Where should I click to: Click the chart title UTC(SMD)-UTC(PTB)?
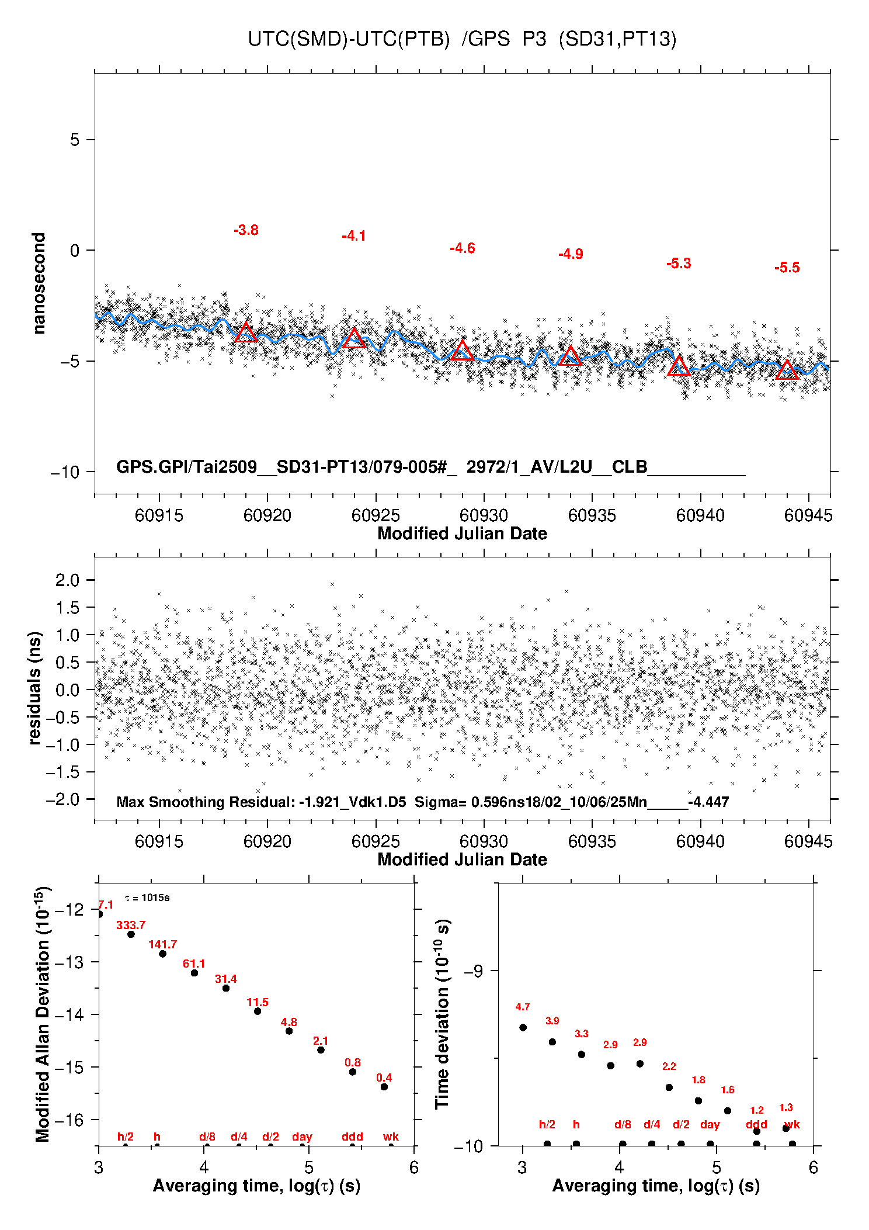[x=349, y=39]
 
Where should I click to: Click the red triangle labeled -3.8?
[x=246, y=333]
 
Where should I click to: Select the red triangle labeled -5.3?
[x=679, y=366]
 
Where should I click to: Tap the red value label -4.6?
[x=462, y=248]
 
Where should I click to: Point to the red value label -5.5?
[x=787, y=268]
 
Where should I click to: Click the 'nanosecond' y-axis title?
[x=39, y=283]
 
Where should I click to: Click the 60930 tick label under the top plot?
[x=484, y=515]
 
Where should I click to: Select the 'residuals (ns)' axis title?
[x=35, y=688]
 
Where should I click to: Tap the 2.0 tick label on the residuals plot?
[x=67, y=580]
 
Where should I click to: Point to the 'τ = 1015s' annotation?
[x=147, y=898]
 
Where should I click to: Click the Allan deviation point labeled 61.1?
[x=194, y=973]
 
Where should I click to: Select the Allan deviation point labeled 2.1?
[x=321, y=1050]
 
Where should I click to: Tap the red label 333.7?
[x=131, y=925]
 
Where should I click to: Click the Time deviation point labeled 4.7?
[x=523, y=1027]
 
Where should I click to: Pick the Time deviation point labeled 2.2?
[x=669, y=1087]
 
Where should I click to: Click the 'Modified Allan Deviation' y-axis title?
[x=43, y=1014]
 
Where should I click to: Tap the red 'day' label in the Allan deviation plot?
[x=302, y=1137]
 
